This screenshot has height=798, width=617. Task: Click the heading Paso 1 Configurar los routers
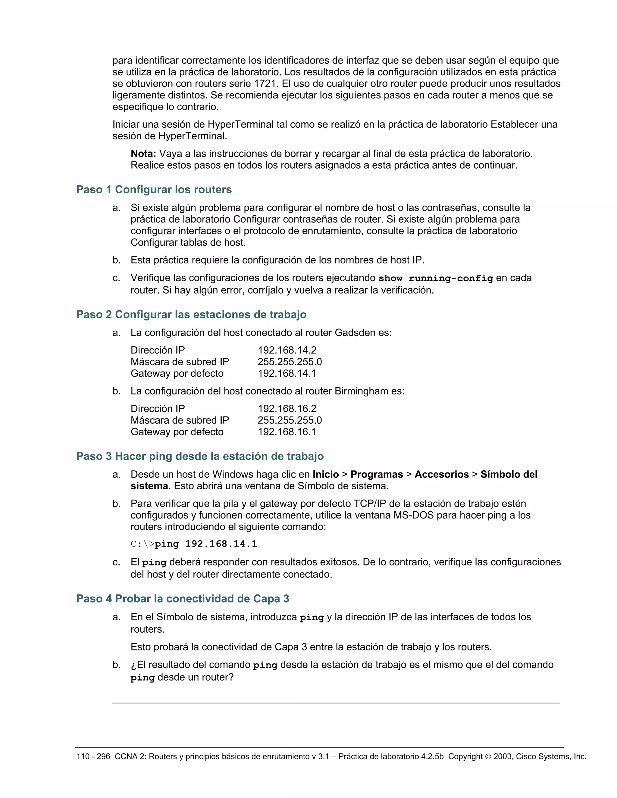click(154, 190)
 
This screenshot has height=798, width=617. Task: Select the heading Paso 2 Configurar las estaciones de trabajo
click(191, 315)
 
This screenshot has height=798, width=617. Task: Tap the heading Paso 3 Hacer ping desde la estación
click(200, 456)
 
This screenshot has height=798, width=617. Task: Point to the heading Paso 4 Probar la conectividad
click(183, 599)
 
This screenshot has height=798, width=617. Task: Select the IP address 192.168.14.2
click(287, 350)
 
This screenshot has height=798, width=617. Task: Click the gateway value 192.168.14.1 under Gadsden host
click(287, 373)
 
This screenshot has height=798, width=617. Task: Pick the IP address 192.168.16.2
click(287, 409)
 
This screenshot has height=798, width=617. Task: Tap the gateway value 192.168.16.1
click(287, 432)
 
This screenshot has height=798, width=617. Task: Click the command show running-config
click(436, 279)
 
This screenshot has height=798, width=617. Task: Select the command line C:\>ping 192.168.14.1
click(194, 544)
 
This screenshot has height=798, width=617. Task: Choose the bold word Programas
click(377, 474)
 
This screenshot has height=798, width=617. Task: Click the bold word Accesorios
click(442, 474)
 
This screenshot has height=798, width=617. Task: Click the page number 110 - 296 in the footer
click(93, 757)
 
